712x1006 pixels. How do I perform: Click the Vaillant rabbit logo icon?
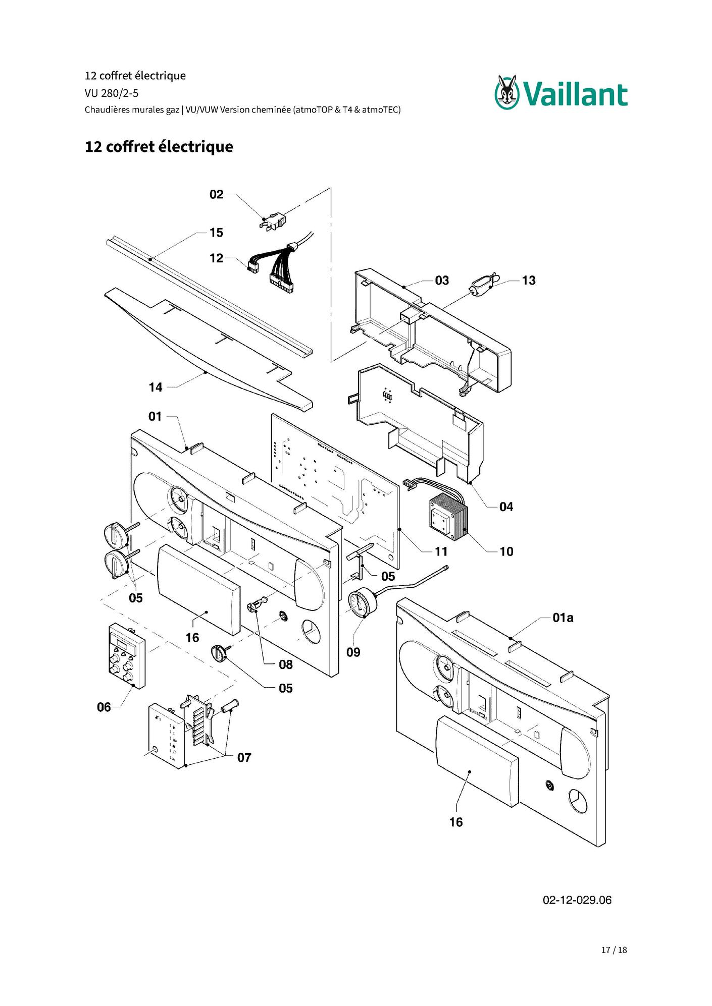[507, 92]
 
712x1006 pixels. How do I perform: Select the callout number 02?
[217, 194]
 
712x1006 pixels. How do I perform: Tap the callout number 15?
[216, 233]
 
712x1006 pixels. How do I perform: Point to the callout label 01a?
[563, 618]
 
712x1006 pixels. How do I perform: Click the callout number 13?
[529, 281]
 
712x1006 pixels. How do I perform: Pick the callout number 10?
[506, 552]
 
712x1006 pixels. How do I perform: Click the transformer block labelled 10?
[449, 517]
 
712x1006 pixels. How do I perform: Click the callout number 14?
[156, 387]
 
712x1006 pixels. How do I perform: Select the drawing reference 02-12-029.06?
[577, 900]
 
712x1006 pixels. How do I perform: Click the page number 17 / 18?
[614, 950]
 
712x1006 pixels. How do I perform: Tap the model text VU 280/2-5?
[112, 93]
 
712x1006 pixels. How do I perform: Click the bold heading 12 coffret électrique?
[159, 147]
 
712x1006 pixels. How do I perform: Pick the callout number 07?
[244, 758]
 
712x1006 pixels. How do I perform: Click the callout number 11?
[441, 552]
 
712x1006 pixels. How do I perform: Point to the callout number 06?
[104, 707]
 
